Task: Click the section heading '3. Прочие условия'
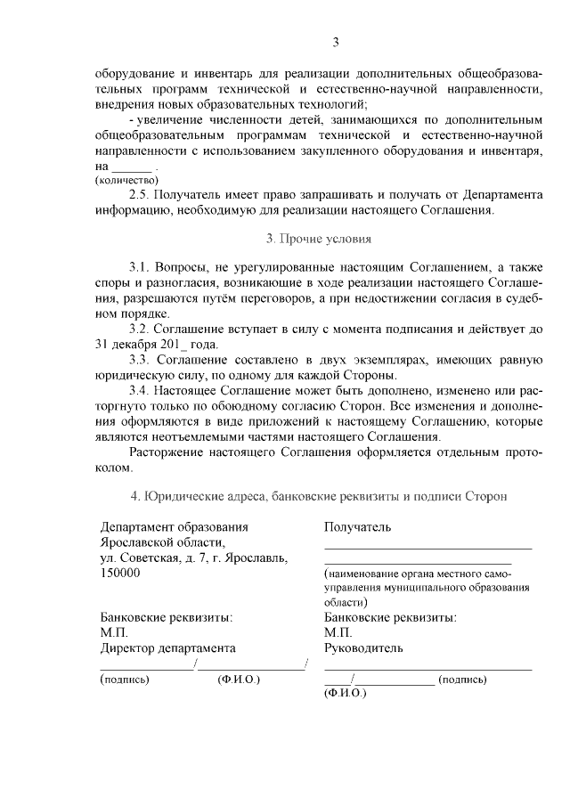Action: tap(318, 239)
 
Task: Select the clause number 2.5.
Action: tap(140, 193)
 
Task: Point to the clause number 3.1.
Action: tap(140, 266)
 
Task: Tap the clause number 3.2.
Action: tap(140, 329)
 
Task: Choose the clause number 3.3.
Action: tap(140, 360)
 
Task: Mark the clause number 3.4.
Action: tap(140, 391)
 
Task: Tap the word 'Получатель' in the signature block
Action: tap(357, 527)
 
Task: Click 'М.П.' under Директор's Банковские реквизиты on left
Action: tap(115, 632)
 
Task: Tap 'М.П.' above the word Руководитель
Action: tap(338, 632)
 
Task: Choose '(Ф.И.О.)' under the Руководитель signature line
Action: tap(346, 692)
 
